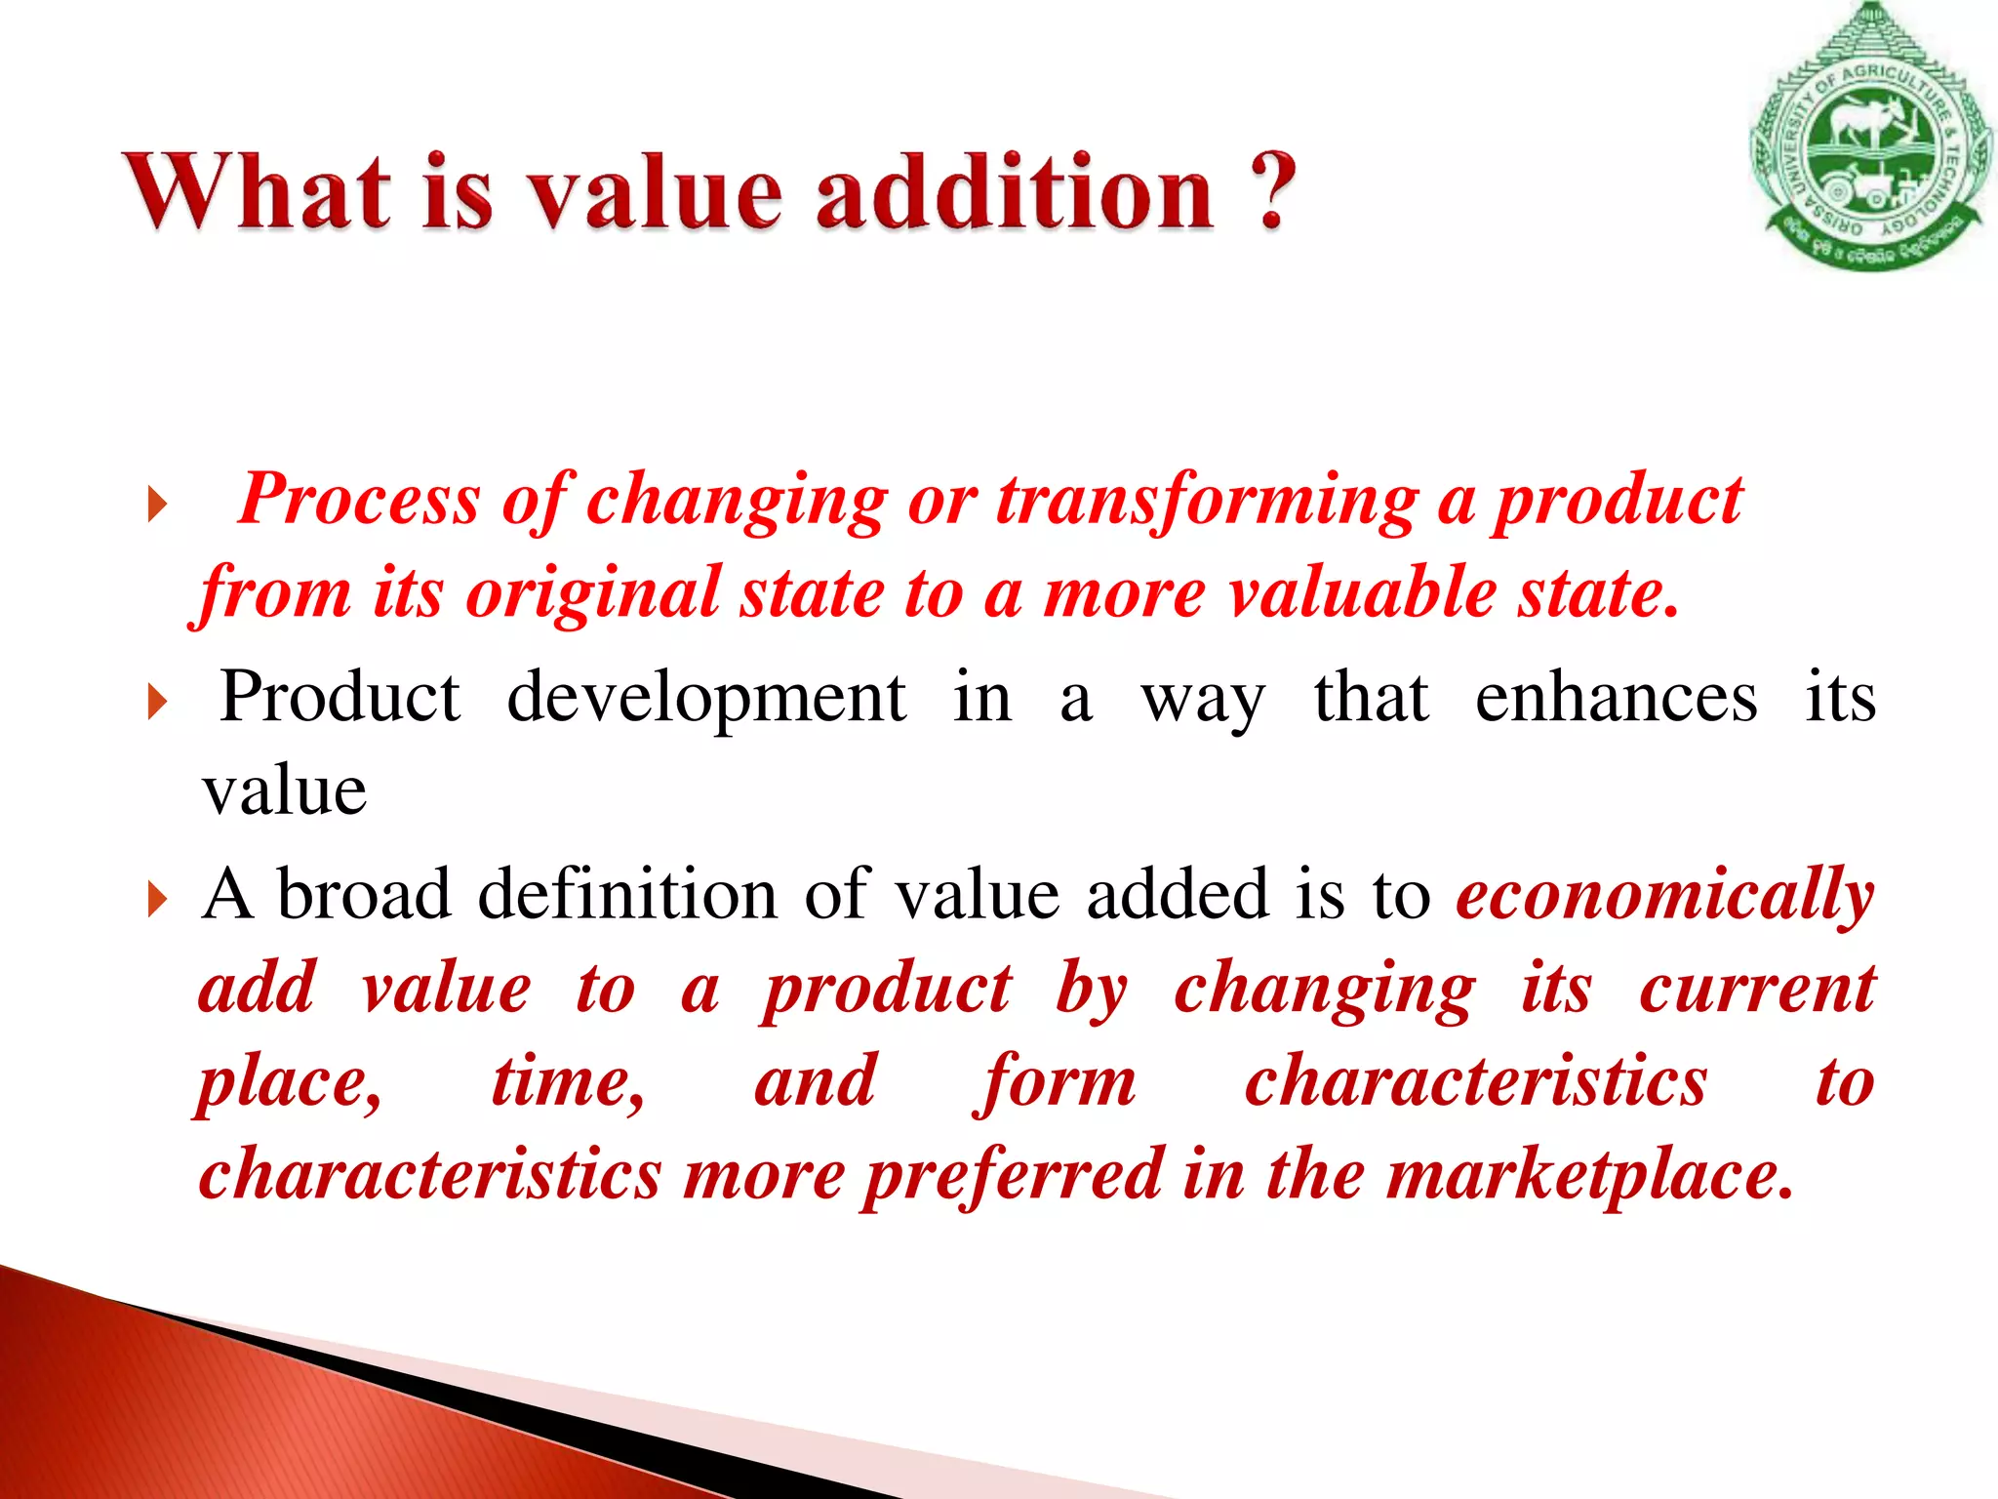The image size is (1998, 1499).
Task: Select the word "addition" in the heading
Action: click(x=1015, y=192)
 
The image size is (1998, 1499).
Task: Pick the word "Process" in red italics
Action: click(x=358, y=500)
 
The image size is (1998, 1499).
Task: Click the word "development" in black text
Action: click(x=706, y=697)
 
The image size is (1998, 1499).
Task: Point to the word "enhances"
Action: click(x=1616, y=697)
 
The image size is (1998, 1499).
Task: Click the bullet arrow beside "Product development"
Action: click(x=157, y=702)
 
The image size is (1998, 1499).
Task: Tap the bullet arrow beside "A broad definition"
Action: click(x=157, y=898)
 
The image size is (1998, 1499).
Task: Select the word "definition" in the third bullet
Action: click(x=627, y=894)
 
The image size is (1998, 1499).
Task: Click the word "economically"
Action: click(x=1664, y=894)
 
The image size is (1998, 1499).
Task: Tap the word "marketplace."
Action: click(x=1590, y=1174)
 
